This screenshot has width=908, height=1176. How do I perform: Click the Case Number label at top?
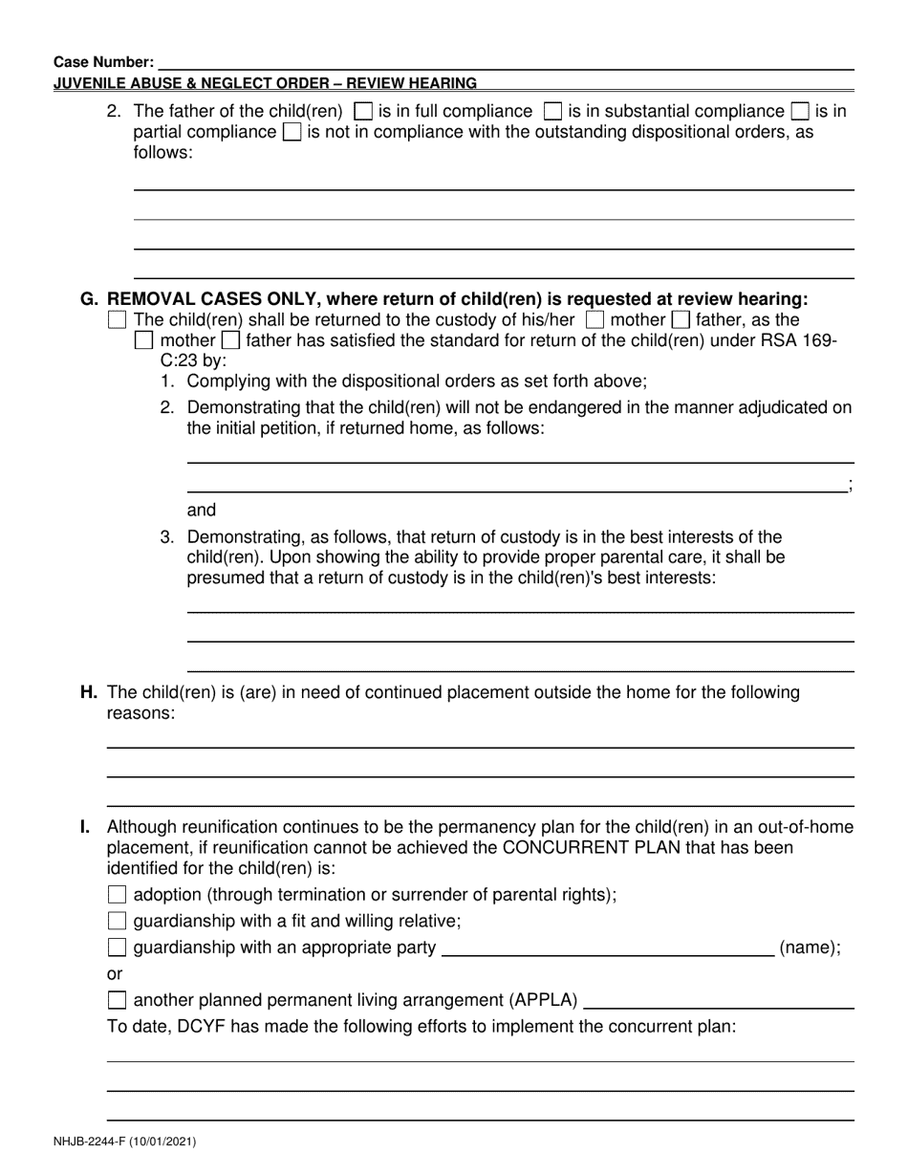[x=103, y=62]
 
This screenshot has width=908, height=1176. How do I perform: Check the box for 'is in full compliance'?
[x=363, y=111]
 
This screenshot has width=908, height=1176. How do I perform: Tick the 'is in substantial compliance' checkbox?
[x=552, y=111]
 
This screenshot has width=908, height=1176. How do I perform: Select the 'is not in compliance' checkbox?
[x=292, y=132]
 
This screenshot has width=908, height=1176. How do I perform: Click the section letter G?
[x=89, y=299]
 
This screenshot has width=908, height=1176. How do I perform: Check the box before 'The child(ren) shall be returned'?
[x=117, y=319]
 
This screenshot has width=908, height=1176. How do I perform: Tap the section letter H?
[x=89, y=692]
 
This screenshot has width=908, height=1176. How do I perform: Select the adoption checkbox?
[x=117, y=895]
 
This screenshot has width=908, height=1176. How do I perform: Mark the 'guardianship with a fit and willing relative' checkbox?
[x=117, y=922]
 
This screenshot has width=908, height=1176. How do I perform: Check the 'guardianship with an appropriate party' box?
[x=117, y=948]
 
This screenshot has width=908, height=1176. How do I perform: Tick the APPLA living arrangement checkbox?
[x=117, y=1001]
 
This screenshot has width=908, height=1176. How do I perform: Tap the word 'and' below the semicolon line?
[x=202, y=511]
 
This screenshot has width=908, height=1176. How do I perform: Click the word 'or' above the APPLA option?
[x=115, y=974]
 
